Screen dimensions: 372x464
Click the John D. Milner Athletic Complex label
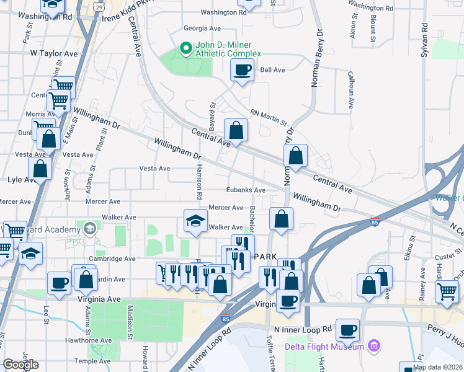228,49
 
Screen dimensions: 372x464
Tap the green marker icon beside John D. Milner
185,48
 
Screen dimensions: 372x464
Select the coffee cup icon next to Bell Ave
242,69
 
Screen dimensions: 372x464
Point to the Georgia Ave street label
202,29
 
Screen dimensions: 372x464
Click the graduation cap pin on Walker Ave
195,221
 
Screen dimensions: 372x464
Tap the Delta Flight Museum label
324,347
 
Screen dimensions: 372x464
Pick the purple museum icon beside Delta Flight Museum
373,345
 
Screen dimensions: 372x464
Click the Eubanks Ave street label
246,190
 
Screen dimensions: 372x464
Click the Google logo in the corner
20,365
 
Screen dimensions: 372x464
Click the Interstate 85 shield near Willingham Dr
373,221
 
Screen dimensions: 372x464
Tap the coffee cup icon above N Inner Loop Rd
349,329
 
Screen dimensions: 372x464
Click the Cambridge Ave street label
112,259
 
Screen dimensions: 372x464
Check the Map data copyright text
437,367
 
